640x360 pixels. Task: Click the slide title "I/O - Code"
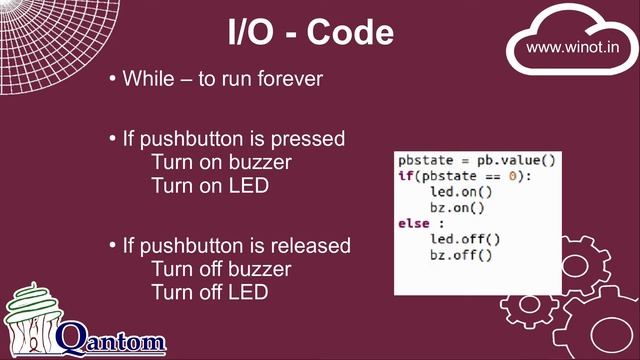(309, 34)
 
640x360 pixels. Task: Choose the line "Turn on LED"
(209, 186)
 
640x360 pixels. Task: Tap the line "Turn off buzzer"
(220, 270)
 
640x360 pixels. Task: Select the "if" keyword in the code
(405, 176)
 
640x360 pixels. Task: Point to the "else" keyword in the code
(413, 223)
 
